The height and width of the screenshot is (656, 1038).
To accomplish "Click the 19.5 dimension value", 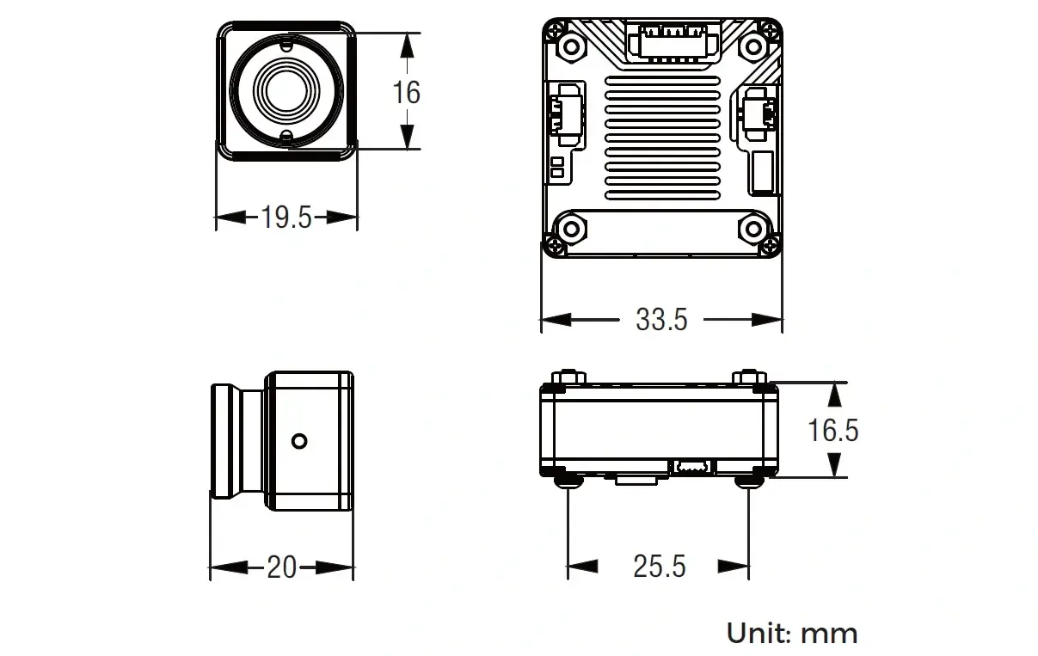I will (x=286, y=218).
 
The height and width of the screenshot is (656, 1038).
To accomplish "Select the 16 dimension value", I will (x=406, y=91).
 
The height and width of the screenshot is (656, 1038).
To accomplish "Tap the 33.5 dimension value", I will (x=661, y=320).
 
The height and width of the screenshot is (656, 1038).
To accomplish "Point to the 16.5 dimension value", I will (x=832, y=430).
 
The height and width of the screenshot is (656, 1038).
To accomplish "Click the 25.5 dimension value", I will (x=660, y=566).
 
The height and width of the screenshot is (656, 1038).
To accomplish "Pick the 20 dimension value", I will (x=281, y=567).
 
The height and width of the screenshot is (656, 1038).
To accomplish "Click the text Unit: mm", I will (x=792, y=634).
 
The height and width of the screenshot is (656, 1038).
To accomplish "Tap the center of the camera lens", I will (x=286, y=90).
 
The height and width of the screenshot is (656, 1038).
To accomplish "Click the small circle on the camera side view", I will (x=299, y=441).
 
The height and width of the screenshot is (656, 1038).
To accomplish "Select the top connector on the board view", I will (x=673, y=40).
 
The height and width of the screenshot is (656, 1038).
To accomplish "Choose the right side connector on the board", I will (x=759, y=113).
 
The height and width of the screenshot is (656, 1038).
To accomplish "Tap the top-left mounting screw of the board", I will (x=568, y=45).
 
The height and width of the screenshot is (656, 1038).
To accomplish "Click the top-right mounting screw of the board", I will (x=753, y=45).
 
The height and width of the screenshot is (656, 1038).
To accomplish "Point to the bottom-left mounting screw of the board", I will (x=568, y=229).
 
